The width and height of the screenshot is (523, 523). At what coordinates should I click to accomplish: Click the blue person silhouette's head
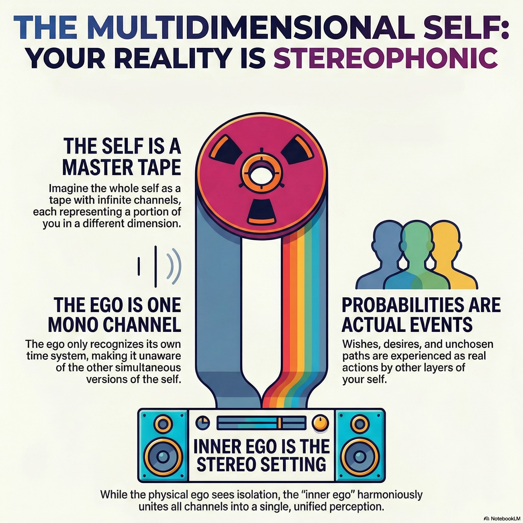(x=387, y=235)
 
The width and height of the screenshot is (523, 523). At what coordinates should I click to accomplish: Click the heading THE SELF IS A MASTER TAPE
(x=122, y=157)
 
